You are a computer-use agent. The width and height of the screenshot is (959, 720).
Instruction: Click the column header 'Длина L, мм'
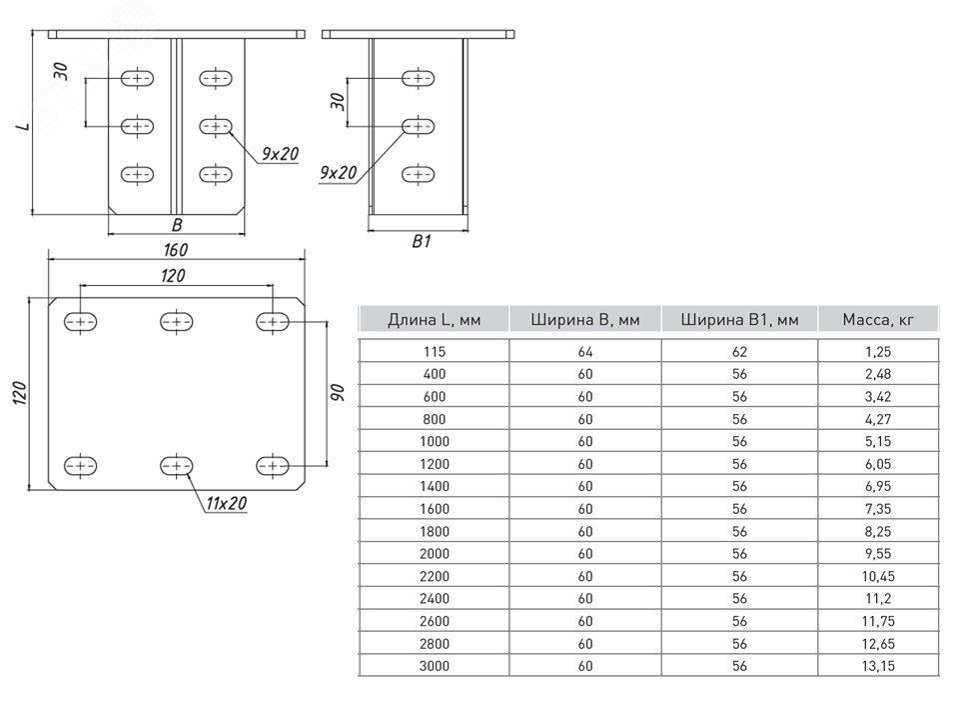point(434,320)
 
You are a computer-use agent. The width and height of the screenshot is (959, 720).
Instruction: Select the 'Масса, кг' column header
point(879,320)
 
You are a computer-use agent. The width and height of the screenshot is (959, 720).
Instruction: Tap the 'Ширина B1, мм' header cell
point(739,320)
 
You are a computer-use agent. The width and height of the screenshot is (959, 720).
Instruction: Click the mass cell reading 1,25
point(879,351)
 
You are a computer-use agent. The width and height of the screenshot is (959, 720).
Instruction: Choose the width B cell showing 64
point(585,351)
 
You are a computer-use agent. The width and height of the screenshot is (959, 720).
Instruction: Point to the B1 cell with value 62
point(739,351)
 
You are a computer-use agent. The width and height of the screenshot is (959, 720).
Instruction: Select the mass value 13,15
point(879,665)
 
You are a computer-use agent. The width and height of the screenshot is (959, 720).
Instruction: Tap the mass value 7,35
point(879,508)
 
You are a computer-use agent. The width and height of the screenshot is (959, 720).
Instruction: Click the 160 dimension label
point(175,248)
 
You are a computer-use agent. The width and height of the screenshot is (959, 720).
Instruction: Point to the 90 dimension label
point(337,392)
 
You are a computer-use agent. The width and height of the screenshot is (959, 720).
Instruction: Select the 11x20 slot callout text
point(226,503)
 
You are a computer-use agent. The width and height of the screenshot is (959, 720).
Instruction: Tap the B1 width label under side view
point(421,241)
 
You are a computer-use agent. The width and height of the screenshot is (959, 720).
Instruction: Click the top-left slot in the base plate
point(81,321)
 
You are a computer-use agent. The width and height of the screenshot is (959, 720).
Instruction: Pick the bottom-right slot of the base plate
point(272,465)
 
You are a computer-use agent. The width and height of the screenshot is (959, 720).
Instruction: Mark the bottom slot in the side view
point(418,174)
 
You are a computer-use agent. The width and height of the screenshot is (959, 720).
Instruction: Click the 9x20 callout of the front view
point(280,153)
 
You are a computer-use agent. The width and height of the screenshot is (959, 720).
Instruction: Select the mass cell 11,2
point(879,598)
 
